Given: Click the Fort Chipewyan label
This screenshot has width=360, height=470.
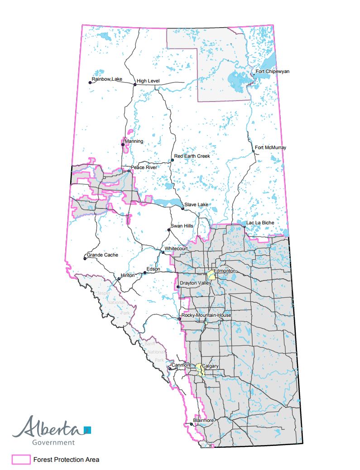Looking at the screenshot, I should pos(272,72).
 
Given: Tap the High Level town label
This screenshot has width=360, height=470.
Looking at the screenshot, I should pos(148,81).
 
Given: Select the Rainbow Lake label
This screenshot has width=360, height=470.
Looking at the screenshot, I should pos(107,79).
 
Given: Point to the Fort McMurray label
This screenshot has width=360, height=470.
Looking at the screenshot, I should pos(270,147).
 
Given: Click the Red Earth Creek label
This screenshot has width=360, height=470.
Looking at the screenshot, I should pos(192,156).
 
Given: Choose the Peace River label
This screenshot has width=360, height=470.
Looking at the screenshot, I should pos(144,168).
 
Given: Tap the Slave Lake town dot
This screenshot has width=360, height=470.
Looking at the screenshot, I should pos(183,208).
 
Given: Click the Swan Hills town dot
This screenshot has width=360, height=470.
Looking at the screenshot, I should pos(169,230).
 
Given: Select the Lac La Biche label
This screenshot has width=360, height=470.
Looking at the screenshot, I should pos(260,223).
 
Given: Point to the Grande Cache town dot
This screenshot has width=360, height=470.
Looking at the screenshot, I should pos(85,258).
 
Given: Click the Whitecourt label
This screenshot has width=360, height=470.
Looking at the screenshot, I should pos(177,249).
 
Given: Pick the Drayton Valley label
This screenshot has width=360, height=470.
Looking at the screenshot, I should pos(196,283).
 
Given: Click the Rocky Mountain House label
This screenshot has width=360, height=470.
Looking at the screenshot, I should pos(206,315).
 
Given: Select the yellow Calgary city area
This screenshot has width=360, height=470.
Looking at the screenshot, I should pos(199,368).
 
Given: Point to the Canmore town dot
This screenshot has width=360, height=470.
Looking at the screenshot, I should pos(170,368).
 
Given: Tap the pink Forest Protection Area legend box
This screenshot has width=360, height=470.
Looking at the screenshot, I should pos(21,460).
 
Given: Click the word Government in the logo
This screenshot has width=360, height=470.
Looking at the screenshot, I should pos(53,442).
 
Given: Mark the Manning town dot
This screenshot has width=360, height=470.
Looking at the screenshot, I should pos(123,145).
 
